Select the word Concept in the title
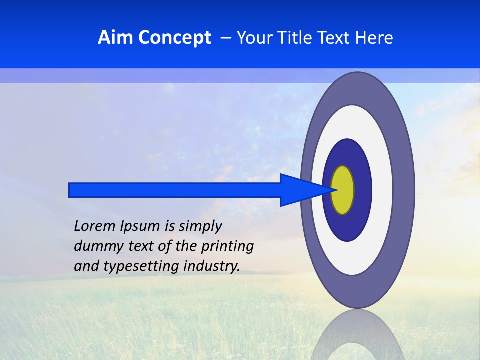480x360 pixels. click(174, 38)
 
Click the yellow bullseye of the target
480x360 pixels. click(343, 190)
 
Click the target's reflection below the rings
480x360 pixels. click(357, 335)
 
